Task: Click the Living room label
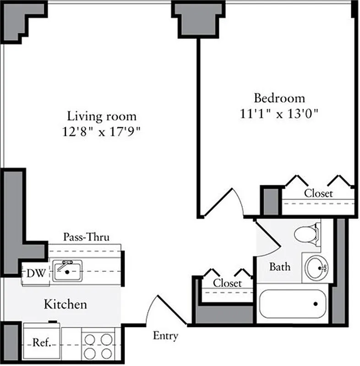[102, 116]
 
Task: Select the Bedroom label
[279, 98]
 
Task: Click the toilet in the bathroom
[307, 233]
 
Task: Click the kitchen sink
[67, 270]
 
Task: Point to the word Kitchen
[65, 304]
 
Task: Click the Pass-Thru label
[86, 237]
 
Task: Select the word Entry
[165, 336]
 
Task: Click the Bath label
[279, 266]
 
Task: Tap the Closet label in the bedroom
[318, 194]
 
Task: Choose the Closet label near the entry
[227, 283]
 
